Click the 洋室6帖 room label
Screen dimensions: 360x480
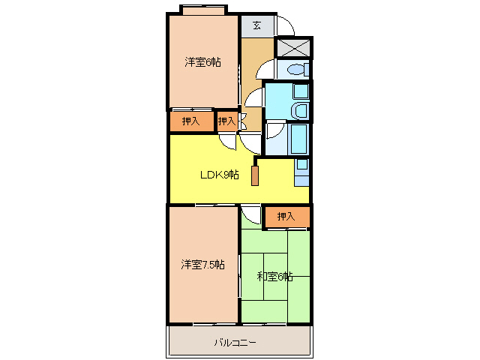202,62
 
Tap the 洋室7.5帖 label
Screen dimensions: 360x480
202,265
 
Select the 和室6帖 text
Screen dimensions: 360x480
274,277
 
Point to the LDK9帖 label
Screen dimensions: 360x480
218,175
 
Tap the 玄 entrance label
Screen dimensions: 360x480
256,25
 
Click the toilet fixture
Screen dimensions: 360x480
297,70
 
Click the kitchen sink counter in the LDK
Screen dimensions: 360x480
301,172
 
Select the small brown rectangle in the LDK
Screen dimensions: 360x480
256,175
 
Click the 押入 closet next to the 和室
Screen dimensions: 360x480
286,217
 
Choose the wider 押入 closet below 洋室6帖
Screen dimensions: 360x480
190,121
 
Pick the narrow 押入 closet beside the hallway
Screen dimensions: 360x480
226,121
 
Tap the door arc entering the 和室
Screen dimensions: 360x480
252,216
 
